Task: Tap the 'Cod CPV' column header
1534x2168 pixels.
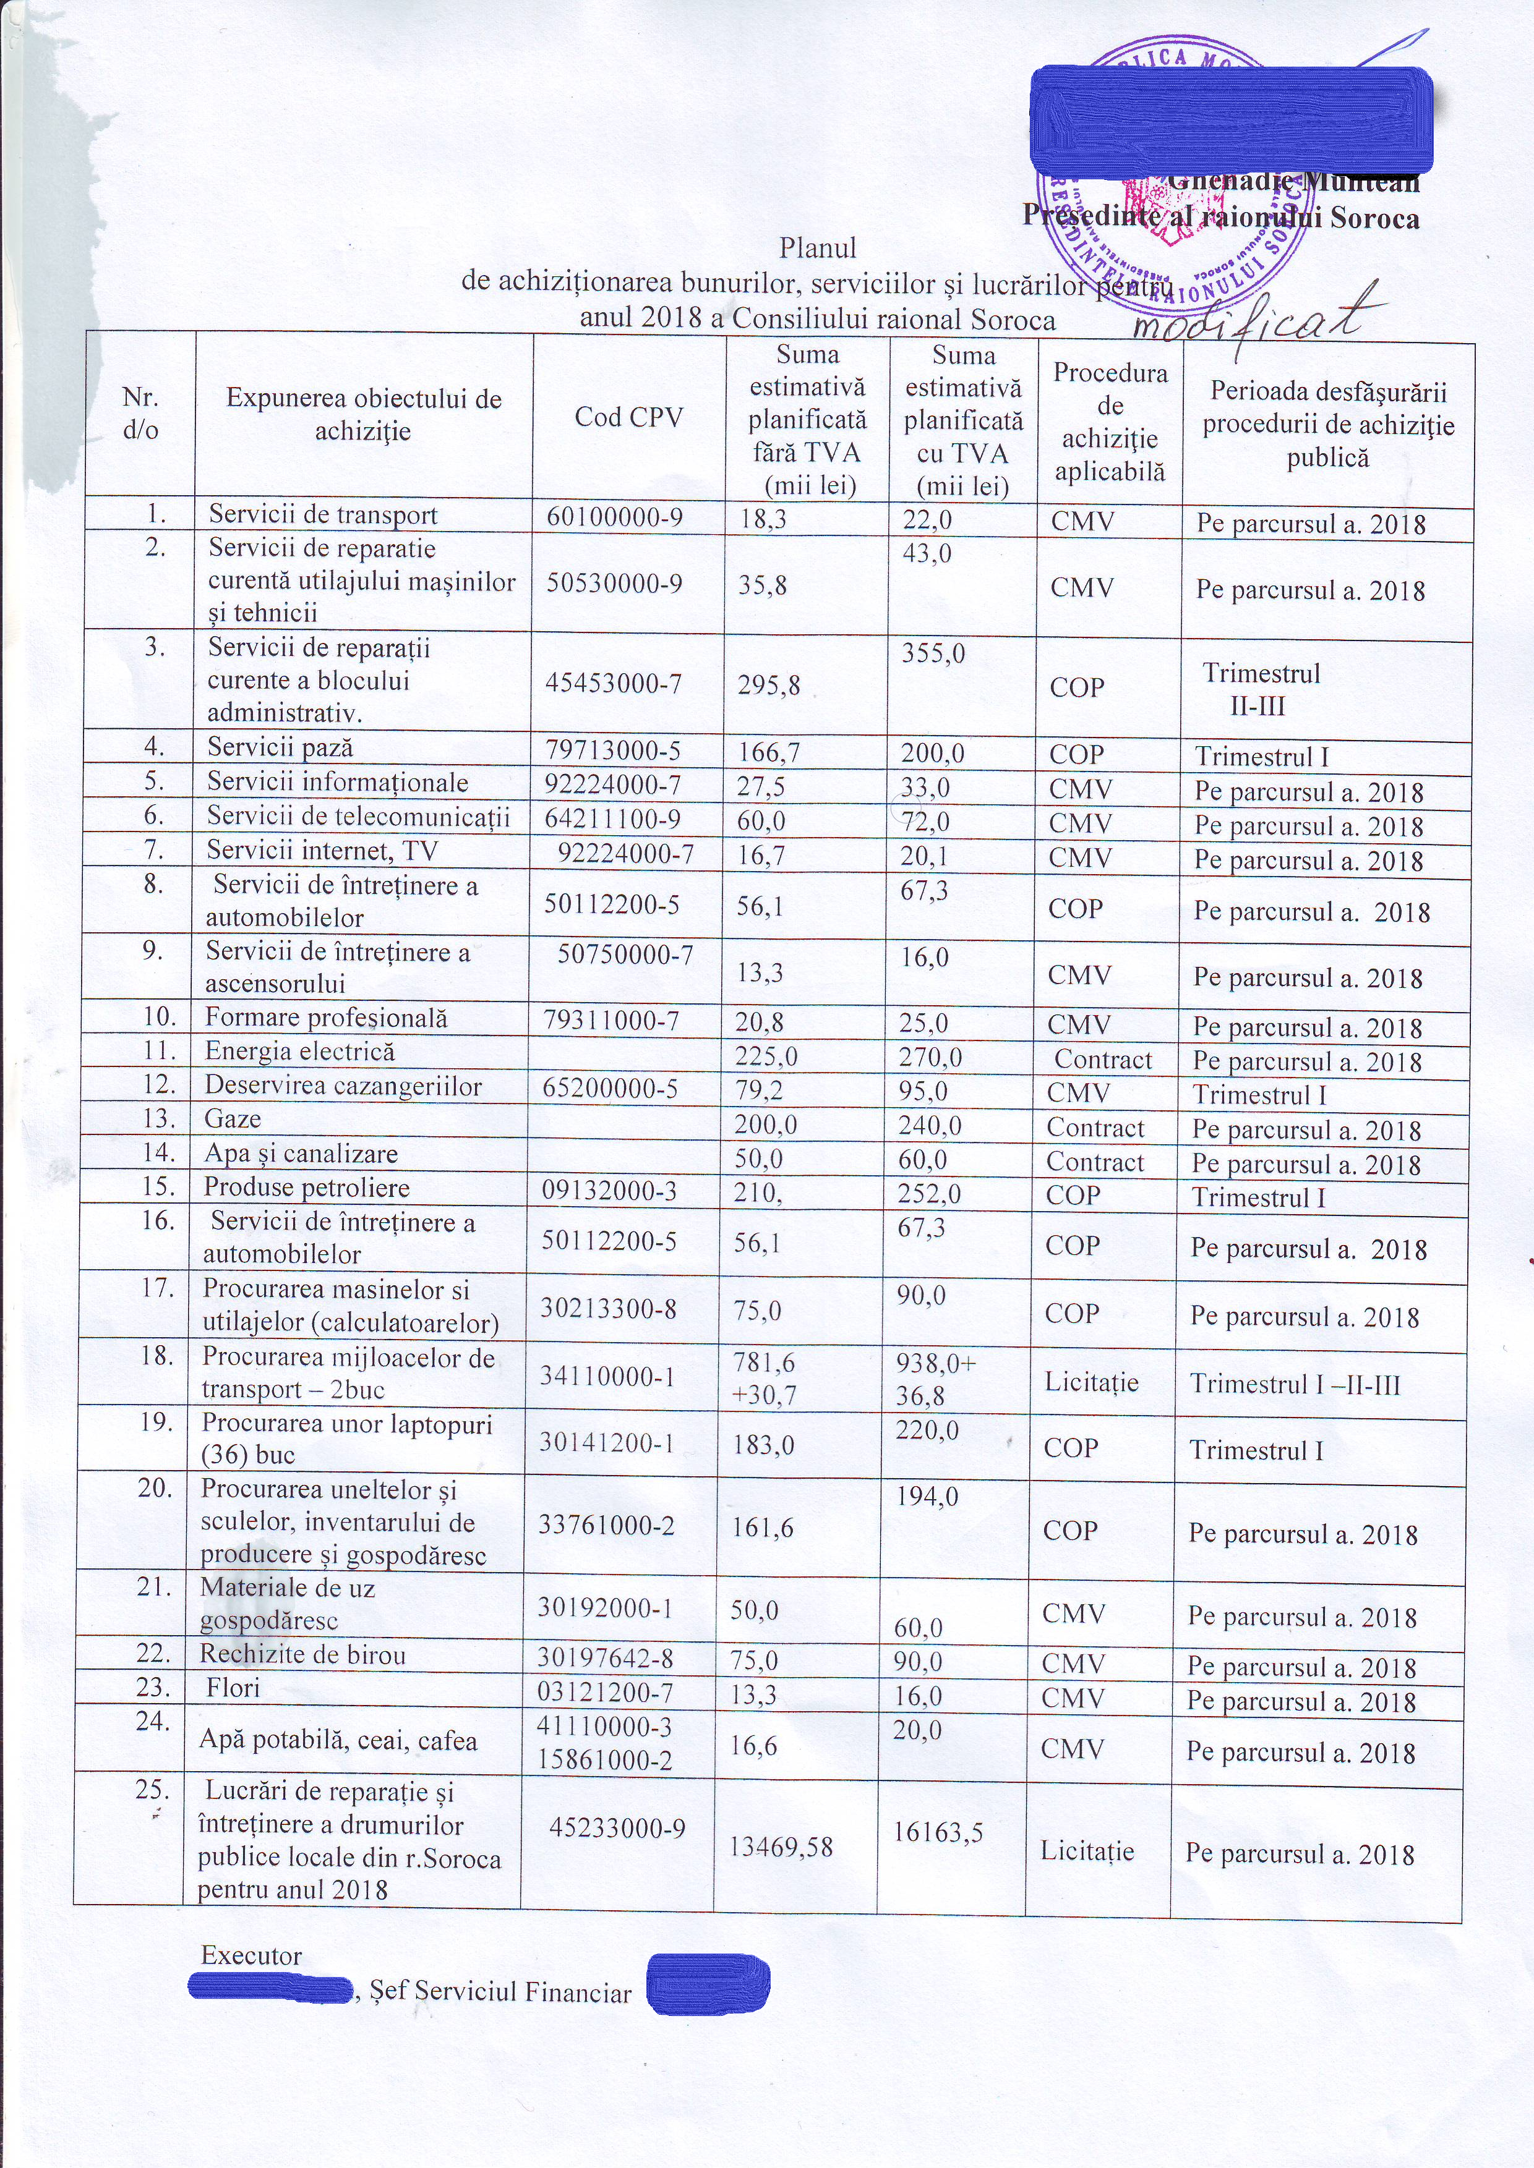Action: click(628, 417)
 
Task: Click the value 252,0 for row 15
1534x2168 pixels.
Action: click(930, 1194)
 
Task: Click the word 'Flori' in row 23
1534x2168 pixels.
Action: click(233, 1688)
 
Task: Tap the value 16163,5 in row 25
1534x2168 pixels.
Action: click(938, 1832)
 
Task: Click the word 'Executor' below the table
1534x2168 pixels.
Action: click(251, 1955)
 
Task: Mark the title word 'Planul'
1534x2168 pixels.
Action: click(817, 249)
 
